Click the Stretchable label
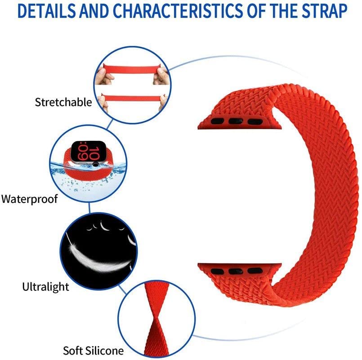click(x=63, y=102)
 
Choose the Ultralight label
click(x=45, y=286)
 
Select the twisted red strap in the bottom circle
click(x=152, y=317)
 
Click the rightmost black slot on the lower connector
click(x=255, y=271)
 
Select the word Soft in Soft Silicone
click(x=73, y=349)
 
